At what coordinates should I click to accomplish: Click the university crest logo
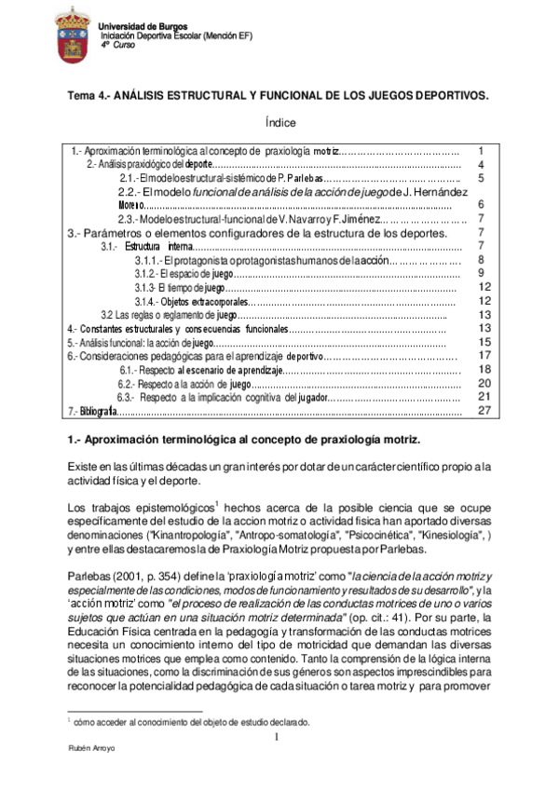[x=75, y=34]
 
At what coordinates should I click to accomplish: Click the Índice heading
[x=279, y=123]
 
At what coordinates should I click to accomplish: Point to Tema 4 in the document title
[x=96, y=96]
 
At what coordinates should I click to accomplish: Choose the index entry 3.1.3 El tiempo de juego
[x=183, y=288]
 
